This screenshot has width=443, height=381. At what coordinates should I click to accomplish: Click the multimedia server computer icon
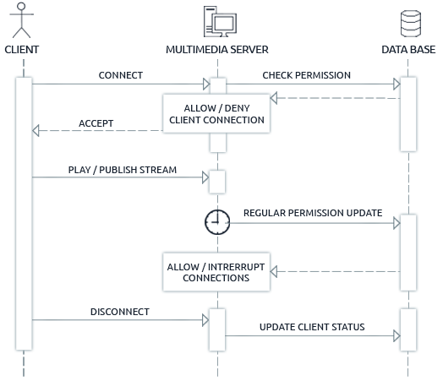[217, 20]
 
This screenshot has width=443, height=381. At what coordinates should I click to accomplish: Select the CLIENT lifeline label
[23, 50]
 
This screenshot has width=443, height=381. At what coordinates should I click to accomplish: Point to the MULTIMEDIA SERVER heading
[217, 50]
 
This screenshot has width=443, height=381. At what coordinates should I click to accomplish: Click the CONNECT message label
[120, 75]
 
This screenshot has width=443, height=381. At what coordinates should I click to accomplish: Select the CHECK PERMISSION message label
[306, 75]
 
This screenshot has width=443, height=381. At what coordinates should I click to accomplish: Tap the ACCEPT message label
[96, 123]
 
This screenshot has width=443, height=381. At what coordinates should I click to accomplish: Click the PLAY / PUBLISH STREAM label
[123, 170]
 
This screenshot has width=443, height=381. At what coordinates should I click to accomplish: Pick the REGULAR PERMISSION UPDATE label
[312, 213]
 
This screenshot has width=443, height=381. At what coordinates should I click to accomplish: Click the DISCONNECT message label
[119, 312]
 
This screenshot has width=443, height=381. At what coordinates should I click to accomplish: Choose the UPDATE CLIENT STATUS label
[312, 326]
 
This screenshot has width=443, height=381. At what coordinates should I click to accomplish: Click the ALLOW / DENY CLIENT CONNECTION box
[217, 114]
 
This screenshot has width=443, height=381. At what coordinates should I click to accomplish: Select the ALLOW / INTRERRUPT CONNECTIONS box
[217, 272]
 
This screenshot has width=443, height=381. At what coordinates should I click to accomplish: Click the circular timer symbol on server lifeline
[217, 222]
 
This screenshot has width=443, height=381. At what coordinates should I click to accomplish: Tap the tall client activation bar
[24, 211]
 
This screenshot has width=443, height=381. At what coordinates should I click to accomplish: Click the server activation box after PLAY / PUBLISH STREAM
[217, 181]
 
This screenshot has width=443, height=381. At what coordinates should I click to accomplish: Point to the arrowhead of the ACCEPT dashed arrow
[36, 131]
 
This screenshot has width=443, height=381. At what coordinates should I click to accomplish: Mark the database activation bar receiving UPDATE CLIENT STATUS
[407, 328]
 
